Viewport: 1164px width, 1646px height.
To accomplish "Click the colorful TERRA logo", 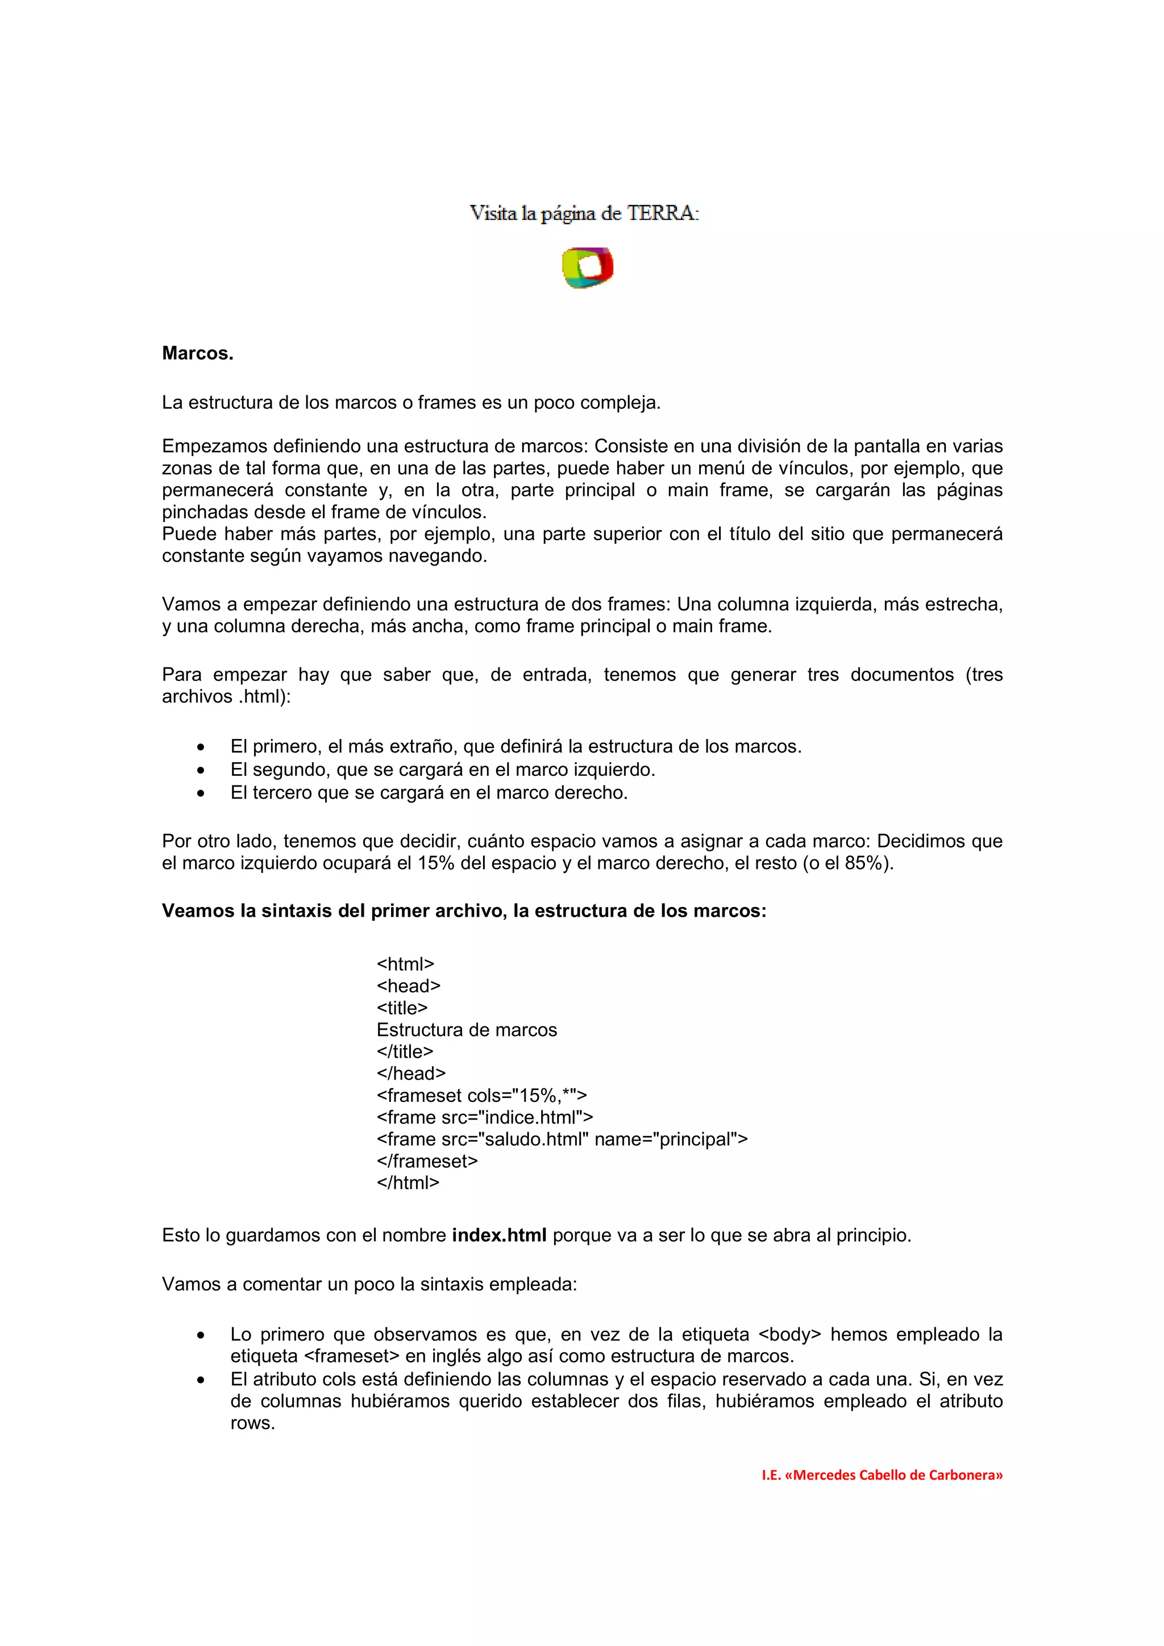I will (587, 268).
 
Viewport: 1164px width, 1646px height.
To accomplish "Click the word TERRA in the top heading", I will (660, 213).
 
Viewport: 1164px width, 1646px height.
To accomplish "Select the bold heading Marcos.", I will (197, 353).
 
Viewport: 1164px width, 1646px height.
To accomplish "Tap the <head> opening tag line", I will (408, 987).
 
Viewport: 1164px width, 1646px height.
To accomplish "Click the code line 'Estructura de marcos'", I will (466, 1030).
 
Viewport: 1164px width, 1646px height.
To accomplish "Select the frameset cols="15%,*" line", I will (481, 1096).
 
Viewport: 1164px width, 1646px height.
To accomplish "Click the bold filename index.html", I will (498, 1235).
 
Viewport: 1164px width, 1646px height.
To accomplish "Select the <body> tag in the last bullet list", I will (789, 1335).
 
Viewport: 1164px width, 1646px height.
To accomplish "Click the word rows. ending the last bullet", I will (252, 1423).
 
